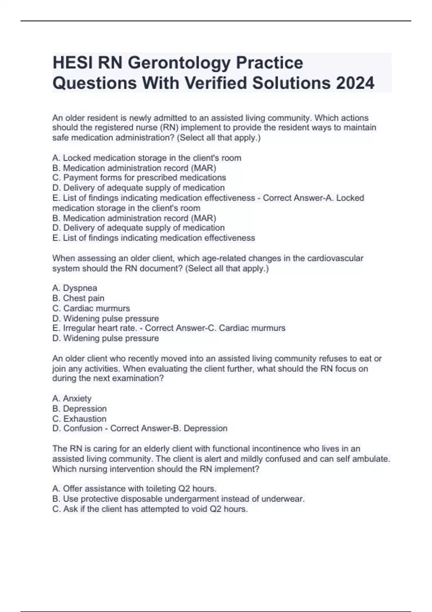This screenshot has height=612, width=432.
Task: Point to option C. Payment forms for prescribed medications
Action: point(139,178)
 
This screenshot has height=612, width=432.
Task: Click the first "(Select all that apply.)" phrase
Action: point(219,138)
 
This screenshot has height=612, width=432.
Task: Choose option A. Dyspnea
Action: point(75,288)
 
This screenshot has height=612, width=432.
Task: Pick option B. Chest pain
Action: point(78,298)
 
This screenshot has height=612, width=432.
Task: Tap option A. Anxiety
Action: point(72,399)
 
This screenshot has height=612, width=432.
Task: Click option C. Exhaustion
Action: point(79,419)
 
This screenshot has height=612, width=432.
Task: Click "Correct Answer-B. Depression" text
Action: point(169,428)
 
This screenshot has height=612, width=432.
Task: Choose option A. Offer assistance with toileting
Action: point(134,489)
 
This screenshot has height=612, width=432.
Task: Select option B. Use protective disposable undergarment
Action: point(178,499)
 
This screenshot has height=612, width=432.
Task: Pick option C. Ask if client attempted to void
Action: point(150,509)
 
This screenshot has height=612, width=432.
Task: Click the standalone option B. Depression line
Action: point(79,409)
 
